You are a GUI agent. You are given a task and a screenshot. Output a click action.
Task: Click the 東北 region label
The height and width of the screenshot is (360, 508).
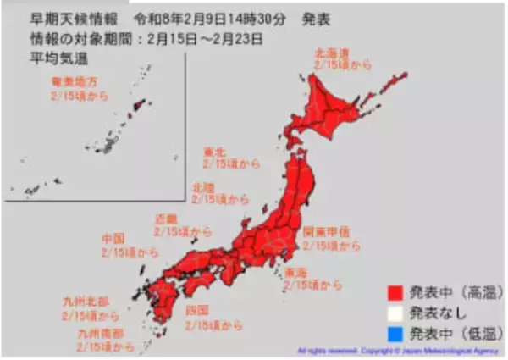pos(215,153)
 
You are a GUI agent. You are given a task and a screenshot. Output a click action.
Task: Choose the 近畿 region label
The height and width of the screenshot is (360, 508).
pos(165,219)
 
